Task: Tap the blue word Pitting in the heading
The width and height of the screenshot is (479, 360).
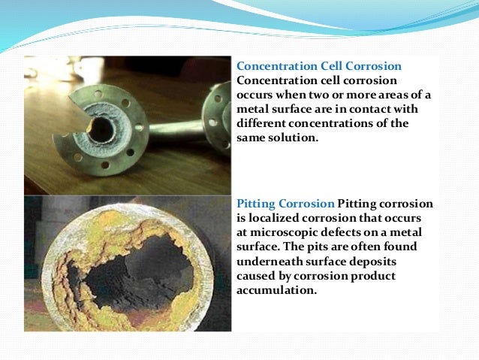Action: (x=260, y=204)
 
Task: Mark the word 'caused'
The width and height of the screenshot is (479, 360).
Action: (x=255, y=275)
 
